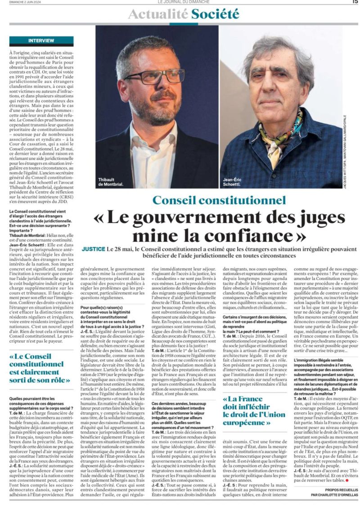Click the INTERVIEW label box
coord(41,41)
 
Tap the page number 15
coord(355,2)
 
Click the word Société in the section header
coord(215,14)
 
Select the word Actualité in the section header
coord(158,14)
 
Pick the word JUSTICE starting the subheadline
coord(94,248)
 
